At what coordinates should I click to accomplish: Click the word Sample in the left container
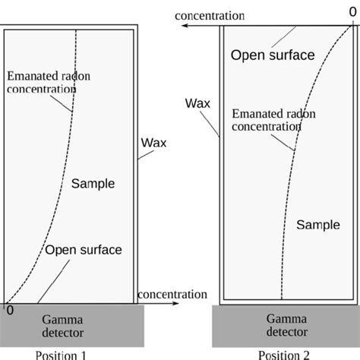93,184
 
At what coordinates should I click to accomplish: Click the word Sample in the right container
318,225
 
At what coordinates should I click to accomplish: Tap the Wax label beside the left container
153,143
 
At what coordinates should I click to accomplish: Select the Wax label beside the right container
197,103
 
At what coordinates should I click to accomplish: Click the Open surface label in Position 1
84,250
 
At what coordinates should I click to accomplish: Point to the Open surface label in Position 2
273,55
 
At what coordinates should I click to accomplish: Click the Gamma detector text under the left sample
62,327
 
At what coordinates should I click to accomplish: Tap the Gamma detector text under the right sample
287,325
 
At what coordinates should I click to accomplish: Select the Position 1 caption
61,355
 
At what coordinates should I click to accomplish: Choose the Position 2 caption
284,355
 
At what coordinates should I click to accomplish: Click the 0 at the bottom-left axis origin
10,311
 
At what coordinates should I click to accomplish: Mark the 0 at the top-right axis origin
352,12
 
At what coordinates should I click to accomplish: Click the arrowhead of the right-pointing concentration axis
175,303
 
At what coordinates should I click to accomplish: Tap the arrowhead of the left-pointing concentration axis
185,26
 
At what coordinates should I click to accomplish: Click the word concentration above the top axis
210,16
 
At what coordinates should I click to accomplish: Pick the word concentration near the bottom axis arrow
172,295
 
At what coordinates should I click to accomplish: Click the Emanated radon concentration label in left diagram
49,83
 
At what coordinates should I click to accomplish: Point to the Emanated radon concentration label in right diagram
273,120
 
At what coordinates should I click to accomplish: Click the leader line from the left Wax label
146,155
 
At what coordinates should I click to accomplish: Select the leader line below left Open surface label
54,282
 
